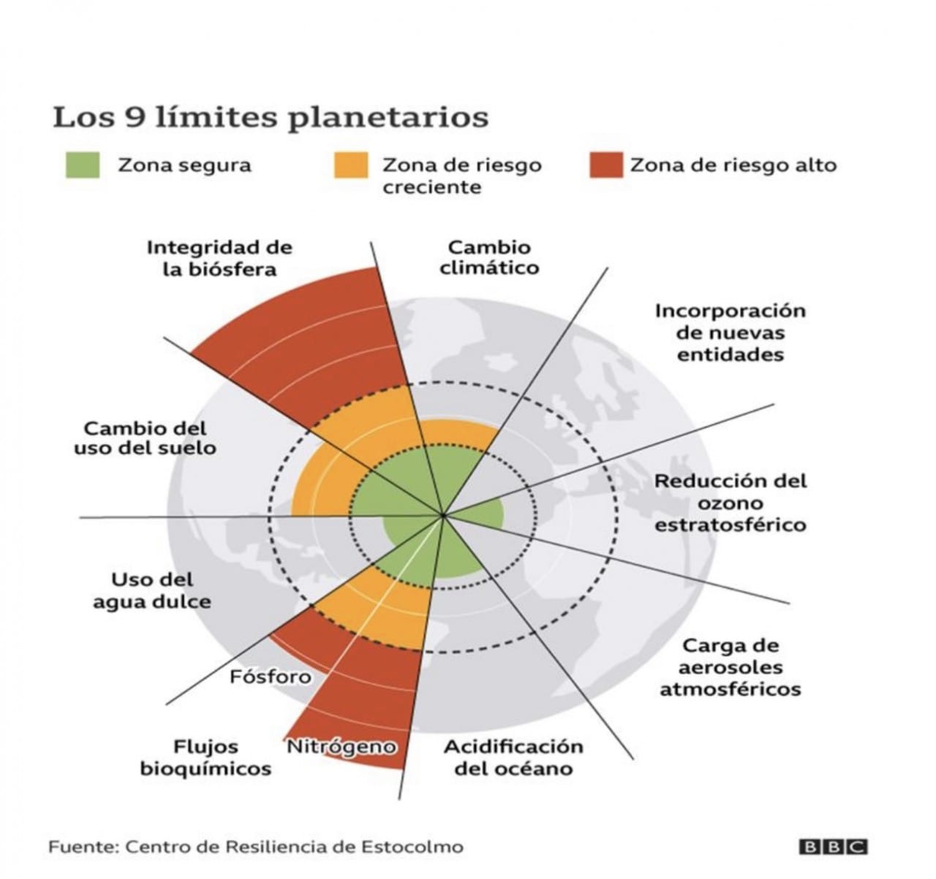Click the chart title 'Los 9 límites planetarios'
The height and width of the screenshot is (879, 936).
pyautogui.click(x=271, y=118)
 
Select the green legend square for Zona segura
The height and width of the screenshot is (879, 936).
pyautogui.click(x=83, y=165)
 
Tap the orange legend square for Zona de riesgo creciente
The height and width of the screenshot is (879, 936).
pyautogui.click(x=351, y=165)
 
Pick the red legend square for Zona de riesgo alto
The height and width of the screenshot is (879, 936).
pyautogui.click(x=606, y=165)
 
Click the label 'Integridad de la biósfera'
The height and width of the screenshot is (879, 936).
pyautogui.click(x=219, y=258)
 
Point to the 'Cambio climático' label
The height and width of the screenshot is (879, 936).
pyautogui.click(x=489, y=257)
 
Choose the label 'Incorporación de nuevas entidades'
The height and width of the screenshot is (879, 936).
pyautogui.click(x=731, y=332)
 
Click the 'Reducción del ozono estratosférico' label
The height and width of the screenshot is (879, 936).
pyautogui.click(x=731, y=503)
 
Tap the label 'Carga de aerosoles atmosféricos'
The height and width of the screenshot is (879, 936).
pyautogui.click(x=731, y=667)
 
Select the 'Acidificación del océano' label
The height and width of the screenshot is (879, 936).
pyautogui.click(x=514, y=758)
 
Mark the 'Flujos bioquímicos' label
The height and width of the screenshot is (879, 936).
pyautogui.click(x=206, y=758)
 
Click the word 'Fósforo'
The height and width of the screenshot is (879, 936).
pyautogui.click(x=271, y=677)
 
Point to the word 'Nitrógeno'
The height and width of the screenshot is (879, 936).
pyautogui.click(x=341, y=747)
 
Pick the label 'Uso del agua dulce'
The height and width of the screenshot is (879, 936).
pyautogui.click(x=152, y=591)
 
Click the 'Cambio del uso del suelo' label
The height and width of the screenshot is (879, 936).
pyautogui.click(x=146, y=438)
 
